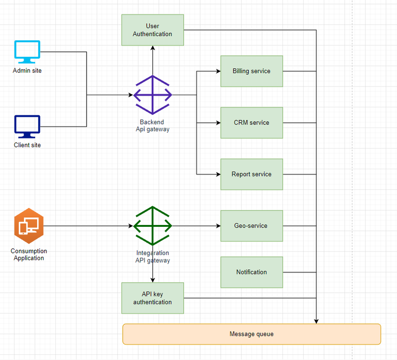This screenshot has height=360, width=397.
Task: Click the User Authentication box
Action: pos(153,30)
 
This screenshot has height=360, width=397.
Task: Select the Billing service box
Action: pos(251,71)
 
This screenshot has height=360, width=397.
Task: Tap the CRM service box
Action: pos(251,123)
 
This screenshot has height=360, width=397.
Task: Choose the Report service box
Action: pos(251,174)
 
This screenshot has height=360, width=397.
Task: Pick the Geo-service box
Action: pos(251,226)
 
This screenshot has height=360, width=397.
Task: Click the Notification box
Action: pos(251,272)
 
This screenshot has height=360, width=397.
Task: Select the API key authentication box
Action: pos(153,298)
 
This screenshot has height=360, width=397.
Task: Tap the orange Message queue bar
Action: pos(252,334)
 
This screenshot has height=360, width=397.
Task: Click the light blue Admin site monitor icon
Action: pos(27,52)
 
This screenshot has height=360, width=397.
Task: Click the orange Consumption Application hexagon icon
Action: pos(29,226)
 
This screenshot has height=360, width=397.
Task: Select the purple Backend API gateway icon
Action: pos(153,95)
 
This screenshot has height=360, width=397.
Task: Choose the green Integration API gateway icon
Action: pos(153,226)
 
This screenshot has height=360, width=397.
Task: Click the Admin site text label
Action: pos(27,71)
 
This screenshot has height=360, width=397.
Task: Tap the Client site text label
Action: pos(27,145)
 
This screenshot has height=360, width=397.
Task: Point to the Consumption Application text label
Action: pos(29,255)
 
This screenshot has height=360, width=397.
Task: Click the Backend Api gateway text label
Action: pos(153,126)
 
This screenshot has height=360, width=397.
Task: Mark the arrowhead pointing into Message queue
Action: pos(316,321)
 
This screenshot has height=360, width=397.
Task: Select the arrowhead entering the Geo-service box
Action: pos(218,226)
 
